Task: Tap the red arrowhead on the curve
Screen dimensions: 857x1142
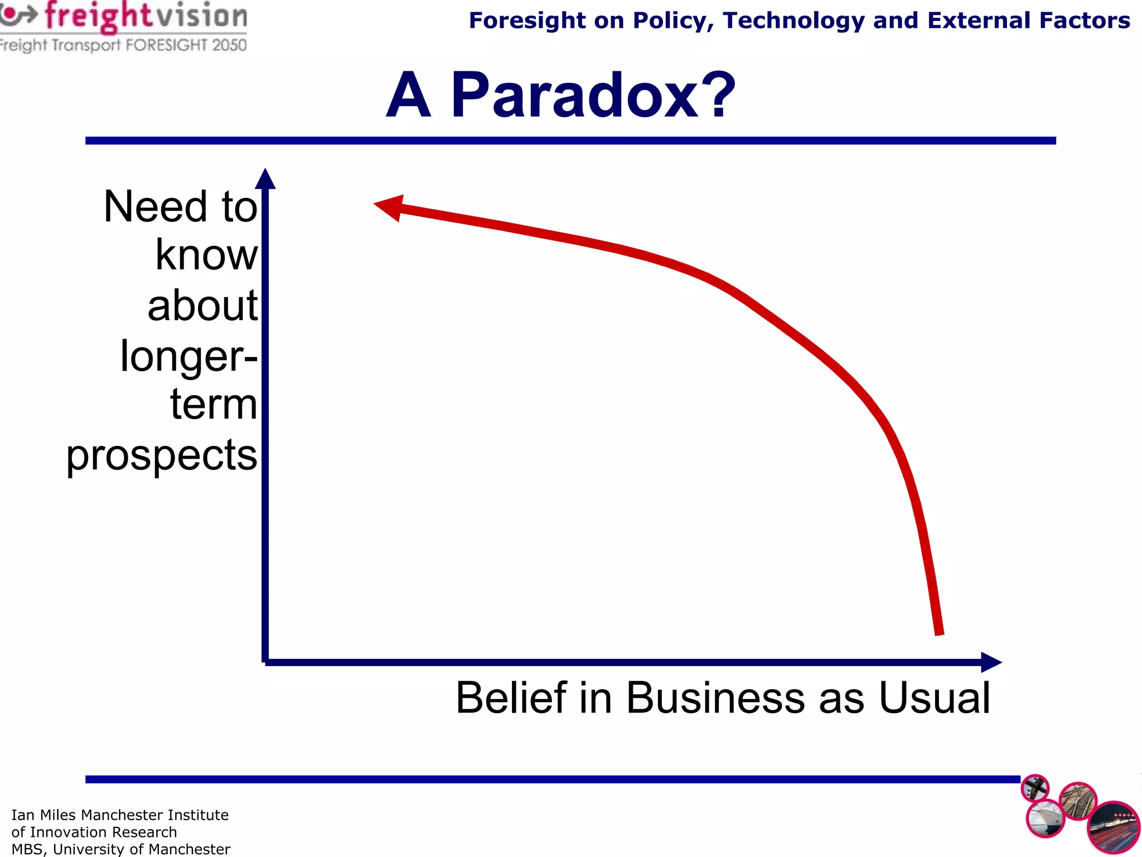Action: [390, 207]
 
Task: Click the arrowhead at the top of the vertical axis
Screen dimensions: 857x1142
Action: [265, 180]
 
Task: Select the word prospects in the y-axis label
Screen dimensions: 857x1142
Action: [162, 455]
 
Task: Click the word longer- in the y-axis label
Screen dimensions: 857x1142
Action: [188, 356]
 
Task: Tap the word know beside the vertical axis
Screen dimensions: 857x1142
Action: [206, 255]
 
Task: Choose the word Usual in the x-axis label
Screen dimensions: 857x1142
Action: [934, 697]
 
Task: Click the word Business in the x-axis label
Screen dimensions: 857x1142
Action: [715, 697]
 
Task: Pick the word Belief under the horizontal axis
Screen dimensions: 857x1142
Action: [511, 697]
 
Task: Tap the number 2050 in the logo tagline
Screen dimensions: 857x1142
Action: [229, 45]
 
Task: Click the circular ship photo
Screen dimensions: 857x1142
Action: [1045, 818]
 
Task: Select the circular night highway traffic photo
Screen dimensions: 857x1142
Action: [1113, 827]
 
